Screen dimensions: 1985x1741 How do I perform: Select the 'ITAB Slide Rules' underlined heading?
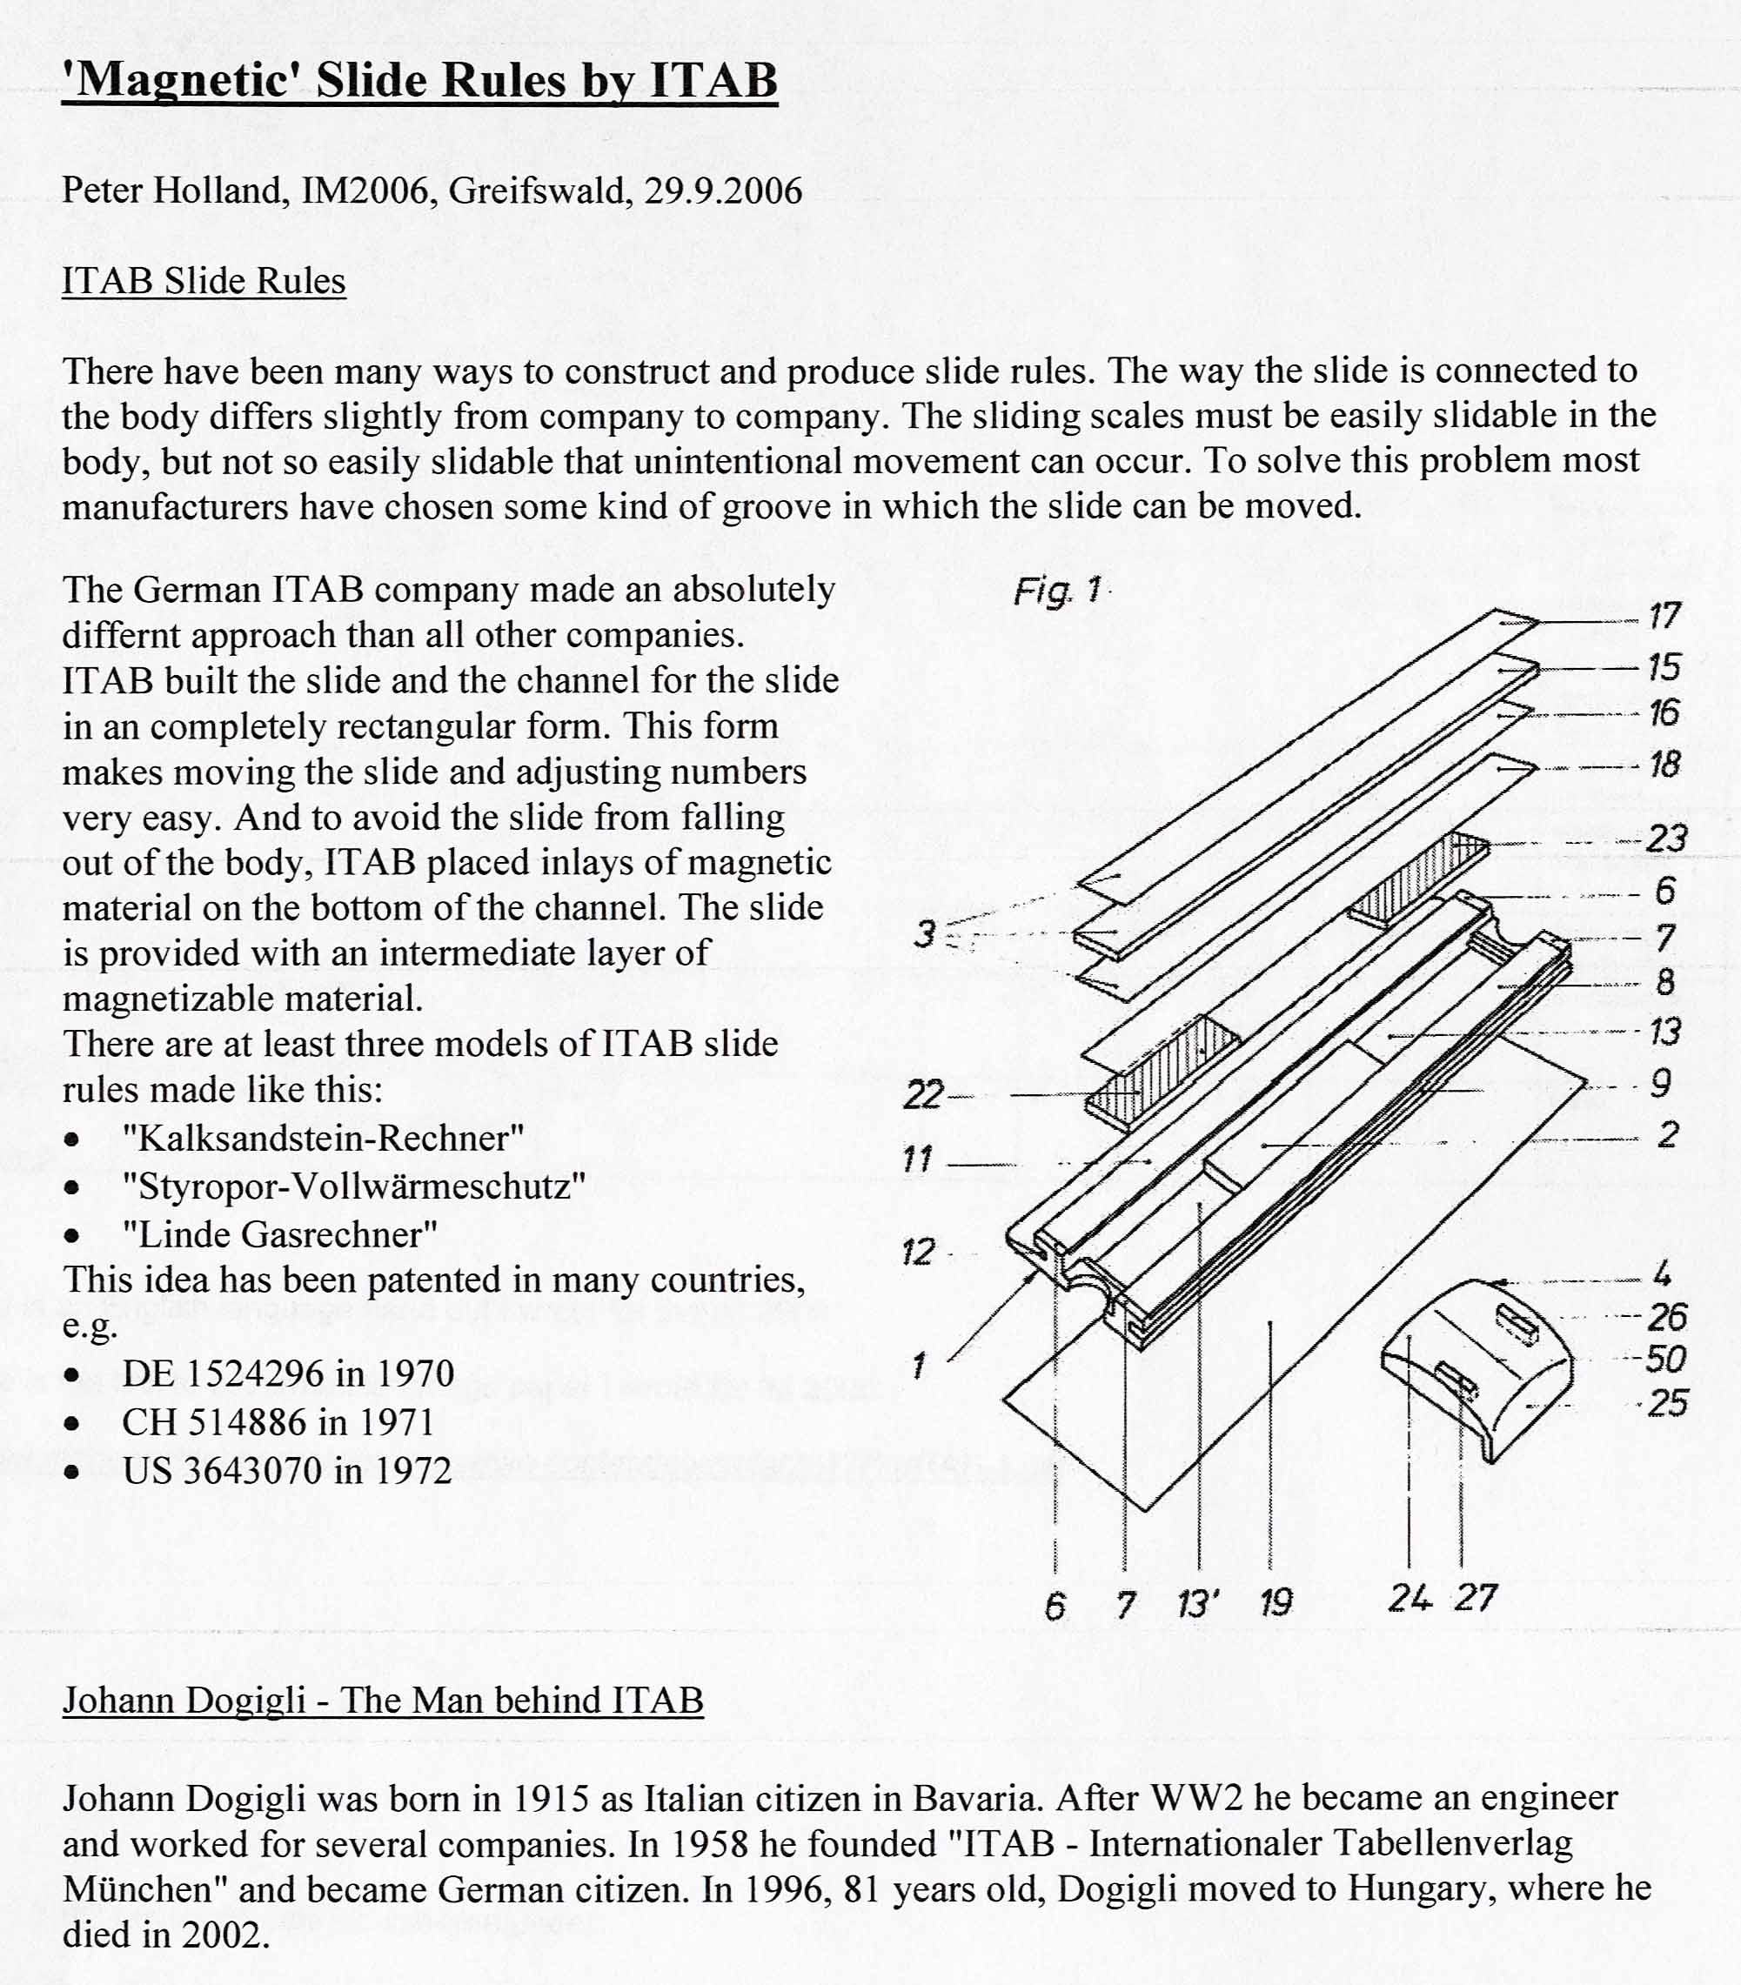coord(204,282)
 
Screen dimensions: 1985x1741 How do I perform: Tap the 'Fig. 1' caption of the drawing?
coord(1057,590)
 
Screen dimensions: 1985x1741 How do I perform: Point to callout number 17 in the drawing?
coord(1664,616)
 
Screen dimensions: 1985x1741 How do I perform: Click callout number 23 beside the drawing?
coord(1666,838)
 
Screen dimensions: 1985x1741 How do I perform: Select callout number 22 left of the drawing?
coord(923,1094)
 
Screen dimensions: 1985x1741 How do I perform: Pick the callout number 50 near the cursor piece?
coord(1666,1360)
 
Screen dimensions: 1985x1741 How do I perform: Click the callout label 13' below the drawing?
coord(1198,1603)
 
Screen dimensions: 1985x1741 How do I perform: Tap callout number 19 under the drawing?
coord(1276,1603)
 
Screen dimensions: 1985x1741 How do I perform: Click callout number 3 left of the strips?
coord(924,934)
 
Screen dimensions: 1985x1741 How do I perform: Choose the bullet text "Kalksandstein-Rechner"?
coord(324,1138)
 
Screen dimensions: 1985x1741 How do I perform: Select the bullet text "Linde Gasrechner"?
coord(280,1234)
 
